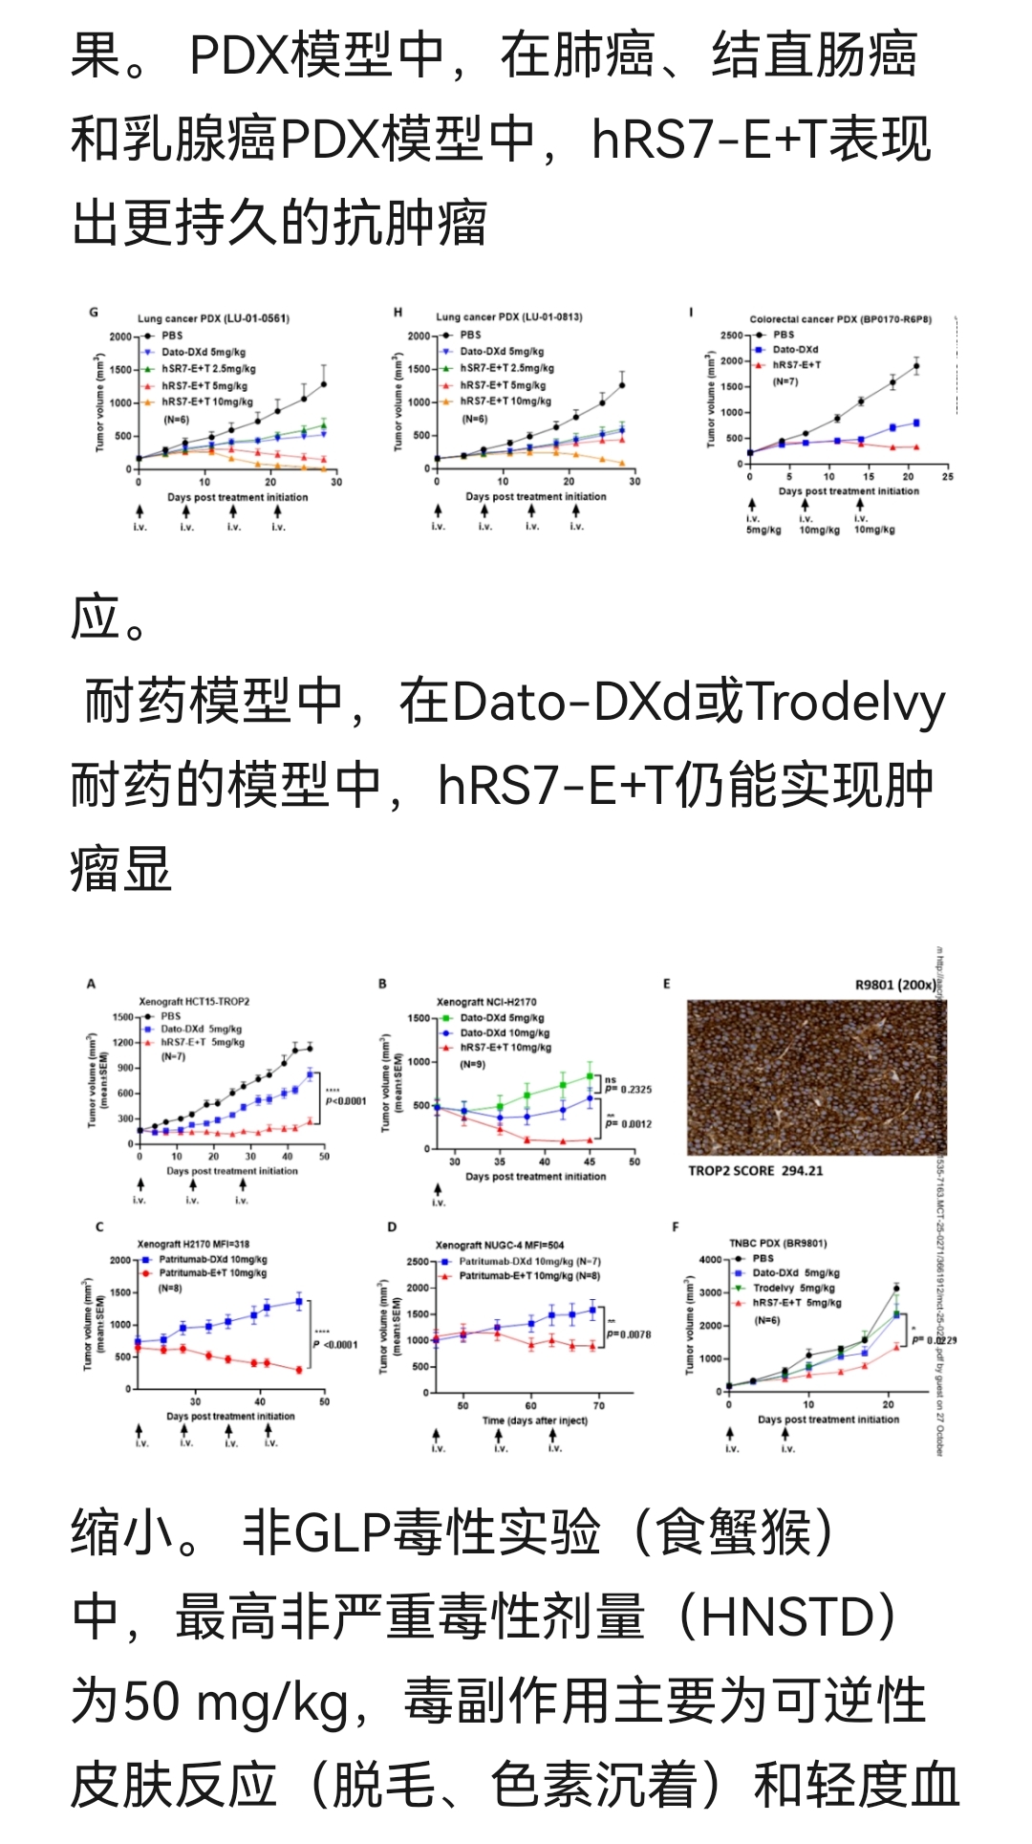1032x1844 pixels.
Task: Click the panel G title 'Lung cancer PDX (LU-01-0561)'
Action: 213,318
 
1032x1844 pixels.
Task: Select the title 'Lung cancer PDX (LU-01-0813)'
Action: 509,317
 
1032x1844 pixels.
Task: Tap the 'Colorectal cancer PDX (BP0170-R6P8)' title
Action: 840,319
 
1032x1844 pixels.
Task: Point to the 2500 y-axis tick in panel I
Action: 731,336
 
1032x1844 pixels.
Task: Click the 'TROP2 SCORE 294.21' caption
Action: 755,1170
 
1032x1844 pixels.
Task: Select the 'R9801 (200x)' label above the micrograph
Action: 895,985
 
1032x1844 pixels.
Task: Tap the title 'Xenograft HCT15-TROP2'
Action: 194,1002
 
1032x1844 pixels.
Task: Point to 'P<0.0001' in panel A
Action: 346,1100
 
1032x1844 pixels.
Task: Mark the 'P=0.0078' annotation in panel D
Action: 629,1334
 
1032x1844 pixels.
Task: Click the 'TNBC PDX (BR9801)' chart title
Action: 778,1244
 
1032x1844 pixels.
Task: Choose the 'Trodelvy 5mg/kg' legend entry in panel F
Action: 793,1288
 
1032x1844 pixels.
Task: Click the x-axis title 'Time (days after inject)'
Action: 534,1421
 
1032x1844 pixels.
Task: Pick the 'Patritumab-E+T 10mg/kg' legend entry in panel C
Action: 212,1273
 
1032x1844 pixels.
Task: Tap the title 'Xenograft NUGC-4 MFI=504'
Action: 500,1246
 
